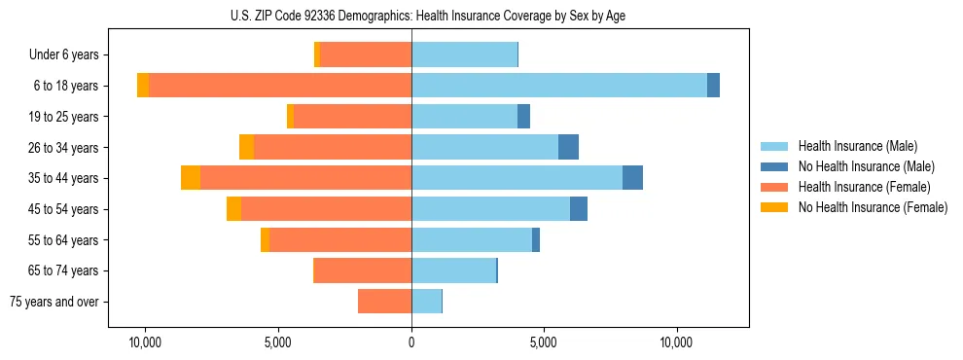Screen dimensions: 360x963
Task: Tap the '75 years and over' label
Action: [54, 302]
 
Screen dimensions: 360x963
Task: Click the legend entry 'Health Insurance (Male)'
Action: [857, 146]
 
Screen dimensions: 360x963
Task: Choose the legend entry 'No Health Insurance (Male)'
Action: [866, 166]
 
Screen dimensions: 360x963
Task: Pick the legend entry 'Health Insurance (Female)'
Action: [865, 187]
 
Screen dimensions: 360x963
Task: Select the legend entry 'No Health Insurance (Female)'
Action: [873, 207]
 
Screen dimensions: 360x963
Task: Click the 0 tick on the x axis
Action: [411, 343]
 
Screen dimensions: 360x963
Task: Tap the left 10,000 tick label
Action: [146, 343]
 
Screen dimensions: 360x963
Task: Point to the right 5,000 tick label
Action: [544, 343]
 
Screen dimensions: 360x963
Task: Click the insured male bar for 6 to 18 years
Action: [559, 86]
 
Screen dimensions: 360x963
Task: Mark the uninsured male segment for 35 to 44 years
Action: [632, 178]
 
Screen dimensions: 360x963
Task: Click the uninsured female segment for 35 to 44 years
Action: [191, 178]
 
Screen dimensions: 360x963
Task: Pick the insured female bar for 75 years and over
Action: [384, 302]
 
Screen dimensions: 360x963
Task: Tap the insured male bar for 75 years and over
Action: [426, 302]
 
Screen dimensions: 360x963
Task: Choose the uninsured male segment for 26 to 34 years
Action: [568, 147]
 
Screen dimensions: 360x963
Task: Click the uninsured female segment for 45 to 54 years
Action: [233, 209]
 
